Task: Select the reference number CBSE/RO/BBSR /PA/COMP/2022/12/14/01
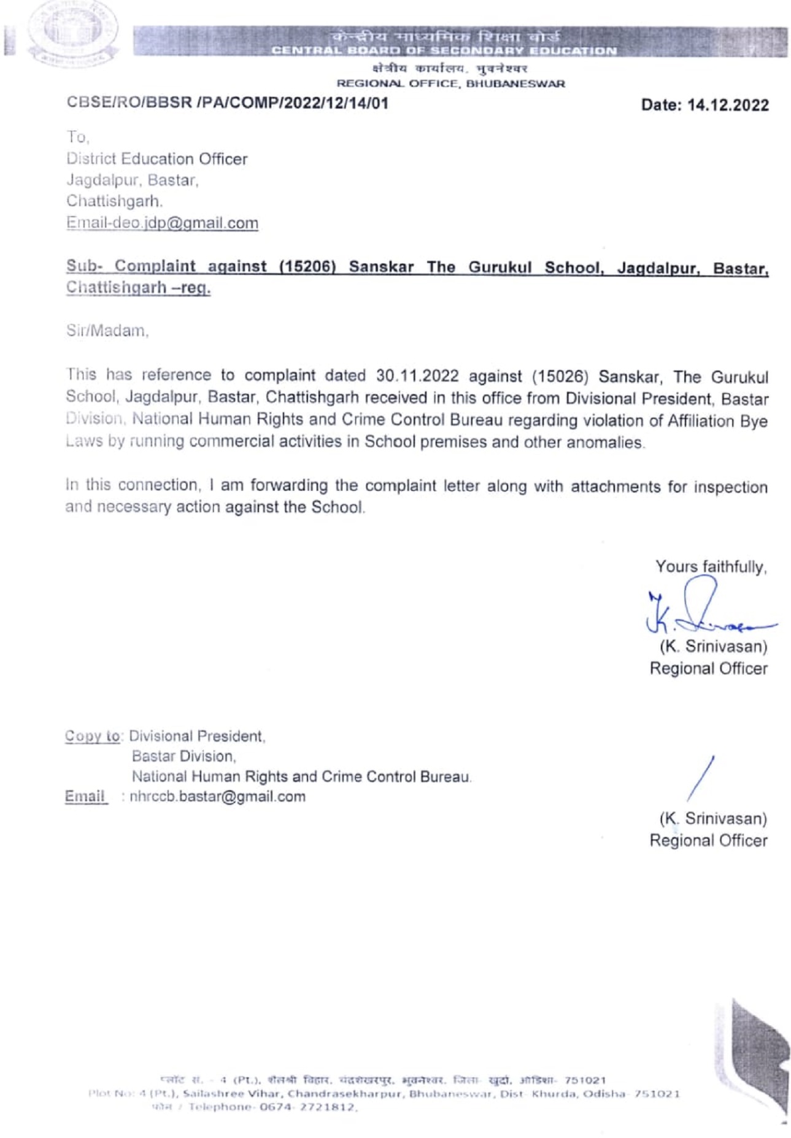227,102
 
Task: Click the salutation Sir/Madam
107,331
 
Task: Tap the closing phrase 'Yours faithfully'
711,566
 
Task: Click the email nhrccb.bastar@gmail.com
218,796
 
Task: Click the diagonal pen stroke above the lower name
701,779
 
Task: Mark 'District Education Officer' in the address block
156,159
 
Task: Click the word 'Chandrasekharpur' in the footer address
345,1094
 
